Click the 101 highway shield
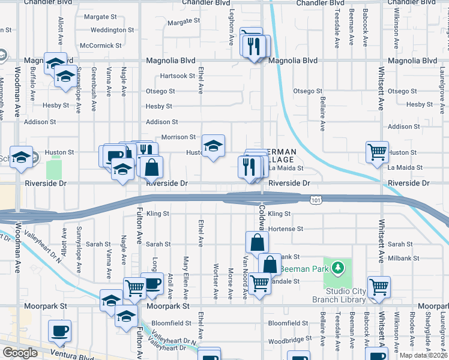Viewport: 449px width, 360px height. tap(315, 199)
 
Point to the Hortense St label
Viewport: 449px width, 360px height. tap(286, 229)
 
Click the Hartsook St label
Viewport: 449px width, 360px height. tap(177, 76)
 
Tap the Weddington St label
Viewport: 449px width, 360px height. tap(112, 29)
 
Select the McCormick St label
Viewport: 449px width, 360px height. tap(101, 45)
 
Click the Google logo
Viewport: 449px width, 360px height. tap(19, 353)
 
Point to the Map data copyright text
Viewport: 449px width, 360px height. tap(424, 356)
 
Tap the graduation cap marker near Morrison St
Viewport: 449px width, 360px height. tap(213, 146)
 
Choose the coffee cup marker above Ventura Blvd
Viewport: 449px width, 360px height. tap(60, 331)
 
